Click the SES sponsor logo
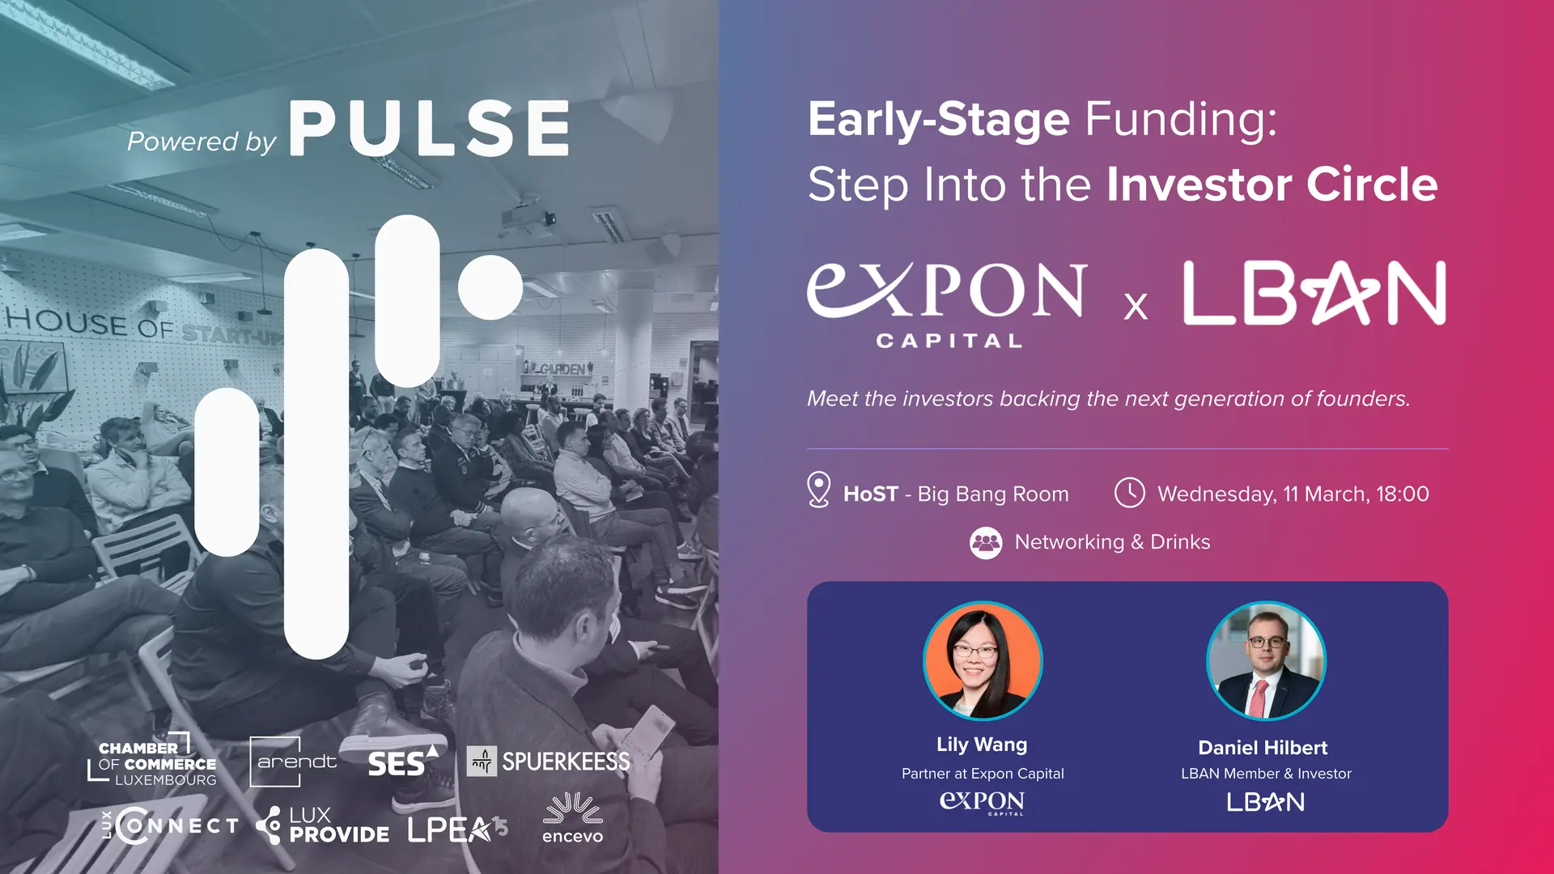coord(403,761)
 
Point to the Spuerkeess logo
coord(549,762)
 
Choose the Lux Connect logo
coord(171,826)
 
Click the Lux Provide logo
coord(322,825)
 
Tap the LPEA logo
coord(457,829)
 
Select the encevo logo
coord(572,818)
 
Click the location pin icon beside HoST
coord(819,490)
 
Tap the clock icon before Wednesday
coord(1129,493)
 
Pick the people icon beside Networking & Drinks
coord(986,543)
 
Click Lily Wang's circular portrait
coord(983,660)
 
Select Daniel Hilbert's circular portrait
coord(1266,660)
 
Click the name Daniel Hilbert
coord(1263,748)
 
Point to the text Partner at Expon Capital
coord(983,774)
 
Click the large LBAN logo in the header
coord(1314,293)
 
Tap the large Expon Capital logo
coord(947,304)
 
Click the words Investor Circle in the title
coord(1272,185)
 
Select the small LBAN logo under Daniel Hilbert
coord(1266,802)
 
